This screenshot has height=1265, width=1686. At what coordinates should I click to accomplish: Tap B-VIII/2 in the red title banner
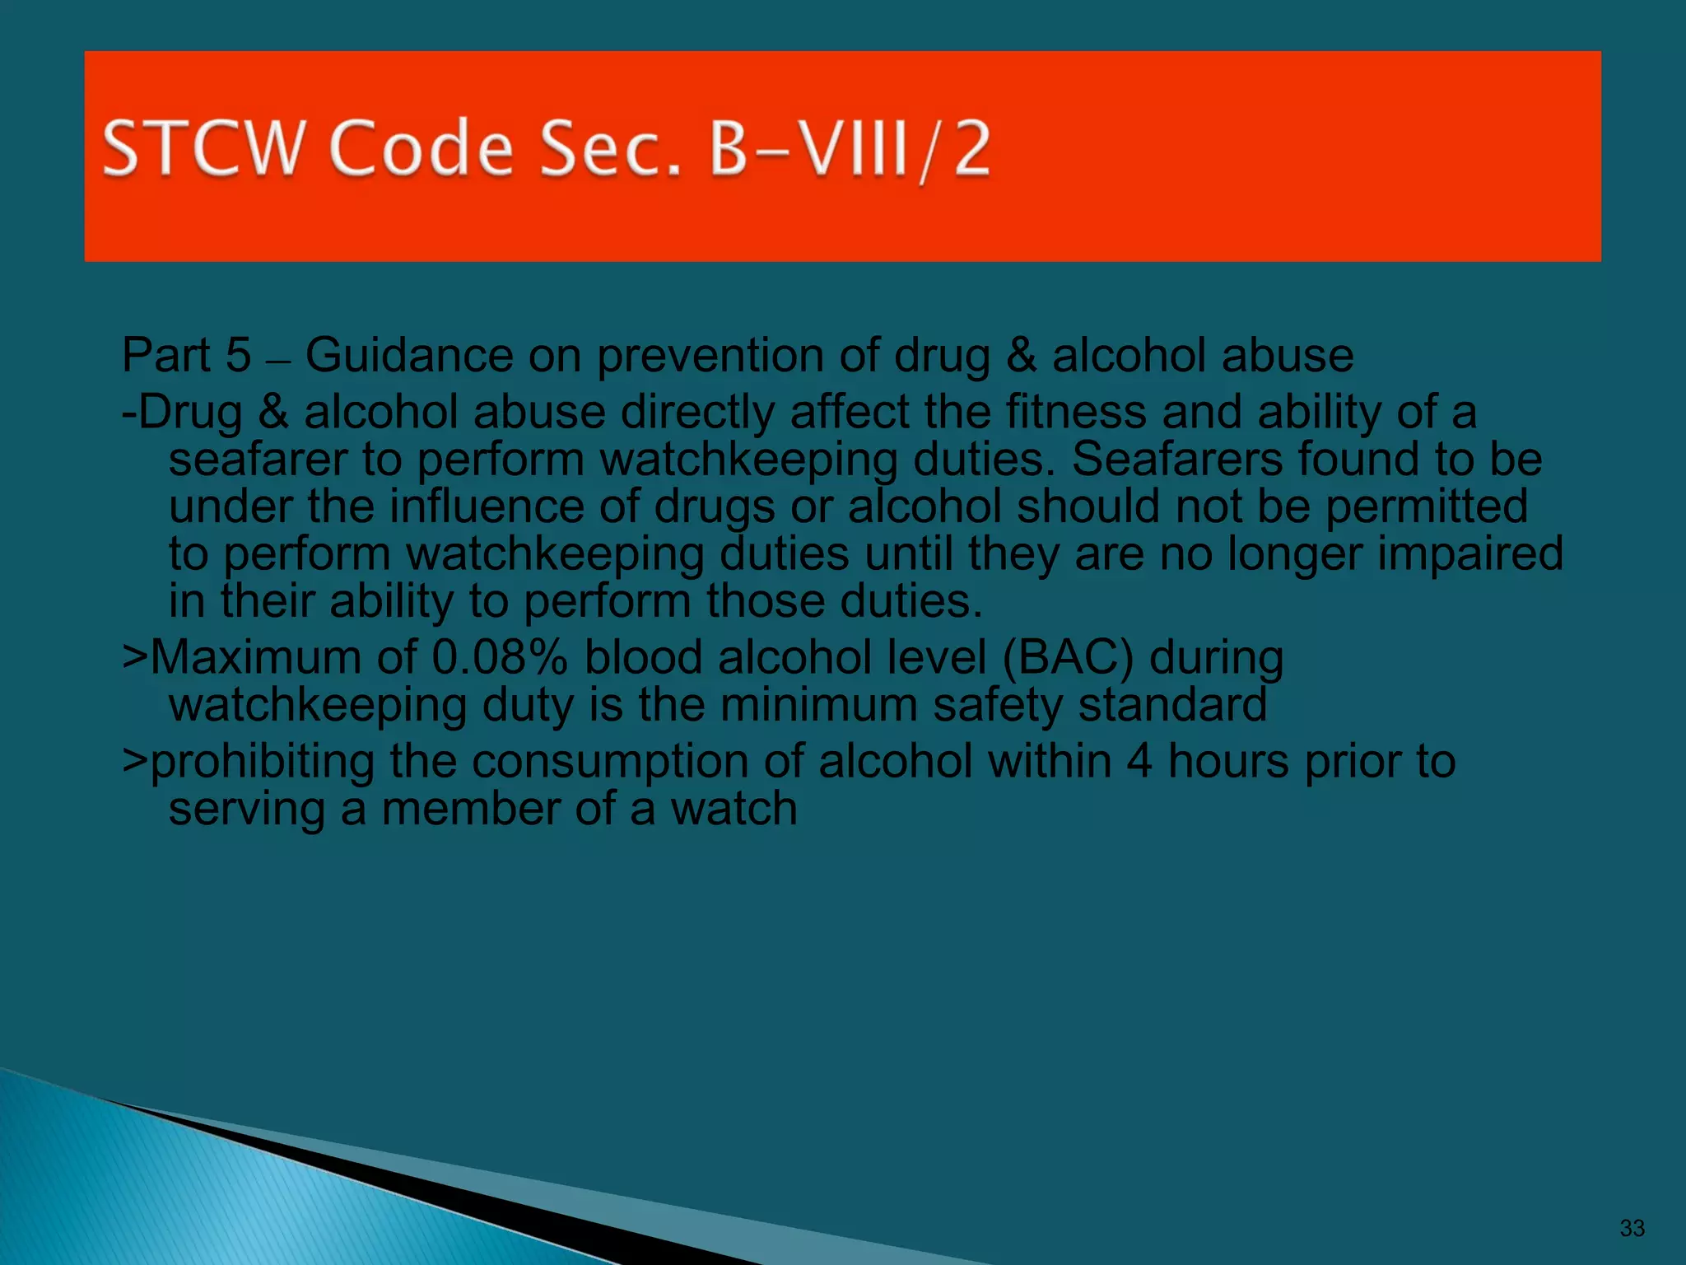(x=849, y=148)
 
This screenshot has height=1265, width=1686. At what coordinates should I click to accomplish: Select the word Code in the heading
(x=421, y=148)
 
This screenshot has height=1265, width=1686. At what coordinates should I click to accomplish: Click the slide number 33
(x=1632, y=1228)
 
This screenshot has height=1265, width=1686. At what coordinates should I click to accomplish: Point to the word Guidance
(x=409, y=356)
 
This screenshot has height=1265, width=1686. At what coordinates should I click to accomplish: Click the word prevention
(x=710, y=356)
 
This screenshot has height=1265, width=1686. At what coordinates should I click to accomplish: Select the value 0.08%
(x=500, y=658)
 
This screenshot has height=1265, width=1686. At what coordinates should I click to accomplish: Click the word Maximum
(x=256, y=658)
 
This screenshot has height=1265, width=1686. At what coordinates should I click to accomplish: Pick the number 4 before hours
(x=1139, y=761)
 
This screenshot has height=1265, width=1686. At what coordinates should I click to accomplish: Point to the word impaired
(x=1470, y=553)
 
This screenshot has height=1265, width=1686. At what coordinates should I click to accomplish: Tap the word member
(x=470, y=809)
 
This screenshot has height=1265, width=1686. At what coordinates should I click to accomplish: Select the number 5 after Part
(x=238, y=356)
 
